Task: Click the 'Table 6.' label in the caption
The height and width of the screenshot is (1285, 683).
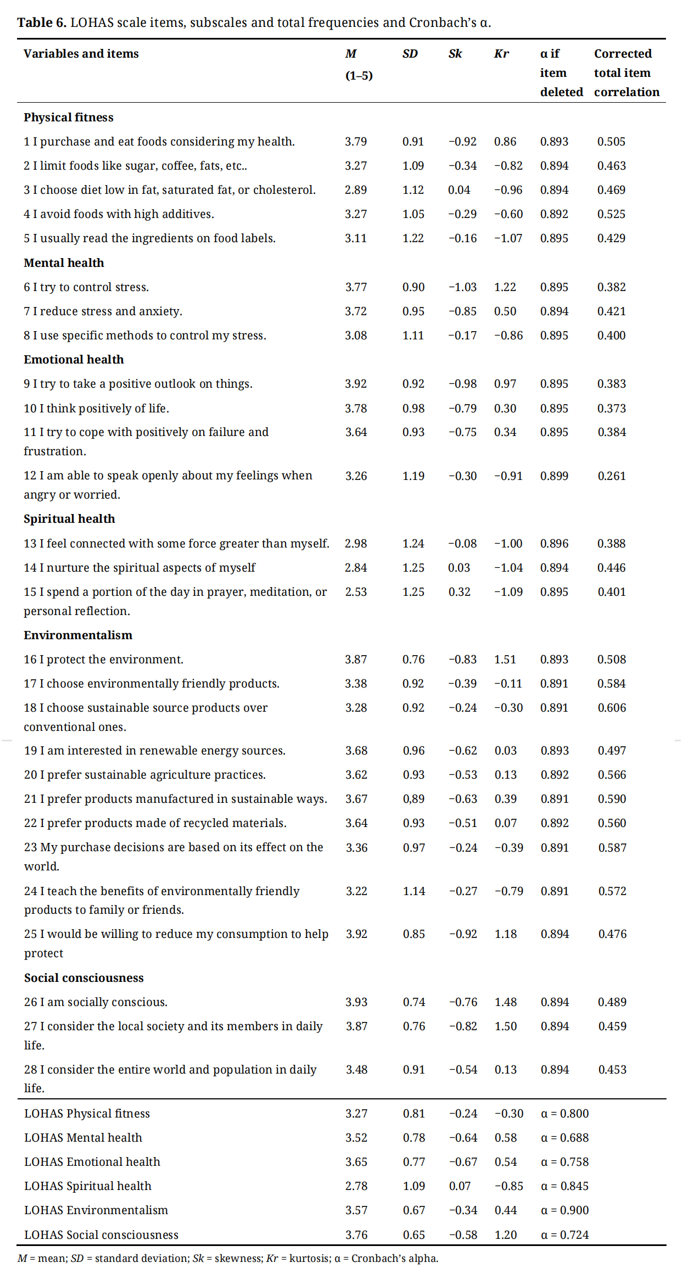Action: coord(42,23)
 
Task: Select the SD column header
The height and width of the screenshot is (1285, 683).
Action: coord(410,54)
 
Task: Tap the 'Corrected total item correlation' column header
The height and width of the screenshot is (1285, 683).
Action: coord(626,72)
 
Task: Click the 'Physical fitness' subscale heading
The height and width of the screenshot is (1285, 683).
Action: coord(69,118)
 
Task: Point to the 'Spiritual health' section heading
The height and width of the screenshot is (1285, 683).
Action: coord(69,519)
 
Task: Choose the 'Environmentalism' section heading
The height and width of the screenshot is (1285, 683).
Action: coord(78,635)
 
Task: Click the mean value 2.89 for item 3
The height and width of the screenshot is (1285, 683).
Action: coord(356,190)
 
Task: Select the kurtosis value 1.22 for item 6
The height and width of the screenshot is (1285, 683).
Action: coord(505,287)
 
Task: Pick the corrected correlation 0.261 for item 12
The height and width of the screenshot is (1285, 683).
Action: coord(612,476)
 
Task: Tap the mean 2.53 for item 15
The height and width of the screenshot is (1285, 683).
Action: coord(356,592)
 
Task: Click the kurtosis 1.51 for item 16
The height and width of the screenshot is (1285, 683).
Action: coord(505,660)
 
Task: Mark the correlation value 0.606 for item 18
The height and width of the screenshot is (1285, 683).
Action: coord(612,708)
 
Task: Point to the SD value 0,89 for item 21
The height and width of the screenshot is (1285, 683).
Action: coord(413,799)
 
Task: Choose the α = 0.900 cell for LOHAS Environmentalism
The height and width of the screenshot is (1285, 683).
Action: coord(564,1210)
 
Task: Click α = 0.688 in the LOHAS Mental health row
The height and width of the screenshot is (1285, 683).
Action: coord(564,1138)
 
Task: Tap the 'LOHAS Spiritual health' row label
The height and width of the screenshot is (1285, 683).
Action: coord(88,1186)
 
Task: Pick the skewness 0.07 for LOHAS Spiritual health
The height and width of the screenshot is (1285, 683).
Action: coord(460,1186)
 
